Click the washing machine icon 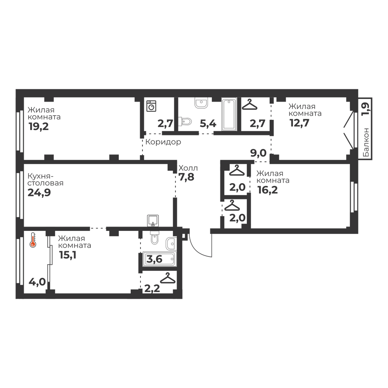(151, 106)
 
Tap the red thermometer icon (33, 240)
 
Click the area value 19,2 (38, 126)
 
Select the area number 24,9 (39, 192)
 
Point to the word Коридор (163, 142)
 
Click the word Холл (188, 168)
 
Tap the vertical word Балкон (366, 142)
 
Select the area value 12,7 (300, 123)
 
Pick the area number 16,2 (267, 190)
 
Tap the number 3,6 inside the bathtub (154, 259)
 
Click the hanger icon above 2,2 (168, 278)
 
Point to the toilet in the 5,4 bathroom (185, 121)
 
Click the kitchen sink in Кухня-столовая (153, 221)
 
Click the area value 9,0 (258, 153)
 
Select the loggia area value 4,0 (37, 282)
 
